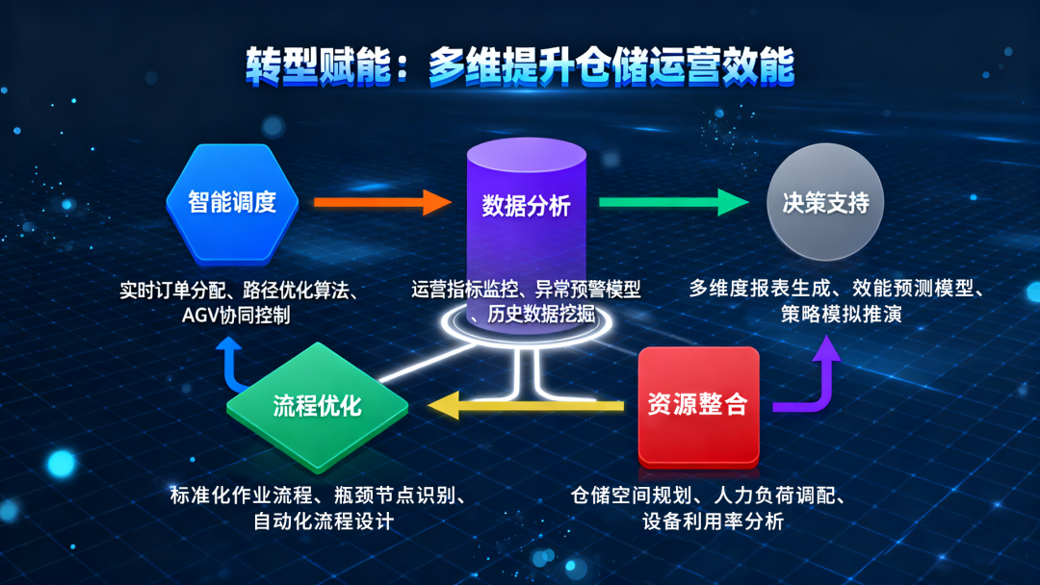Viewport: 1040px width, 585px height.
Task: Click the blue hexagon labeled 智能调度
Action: click(231, 203)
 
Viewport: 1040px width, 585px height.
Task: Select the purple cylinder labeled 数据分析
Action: click(526, 207)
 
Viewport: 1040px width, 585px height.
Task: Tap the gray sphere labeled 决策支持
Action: click(825, 203)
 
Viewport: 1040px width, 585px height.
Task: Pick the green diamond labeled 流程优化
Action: click(317, 405)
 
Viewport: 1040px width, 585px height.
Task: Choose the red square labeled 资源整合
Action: click(698, 404)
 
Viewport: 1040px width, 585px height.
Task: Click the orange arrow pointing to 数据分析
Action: click(381, 202)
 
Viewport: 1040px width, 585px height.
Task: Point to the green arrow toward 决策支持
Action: click(673, 202)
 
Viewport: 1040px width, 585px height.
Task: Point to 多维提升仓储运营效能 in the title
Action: click(611, 66)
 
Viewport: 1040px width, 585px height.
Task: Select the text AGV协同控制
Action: click(236, 315)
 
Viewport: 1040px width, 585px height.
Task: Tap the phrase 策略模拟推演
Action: click(841, 315)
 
